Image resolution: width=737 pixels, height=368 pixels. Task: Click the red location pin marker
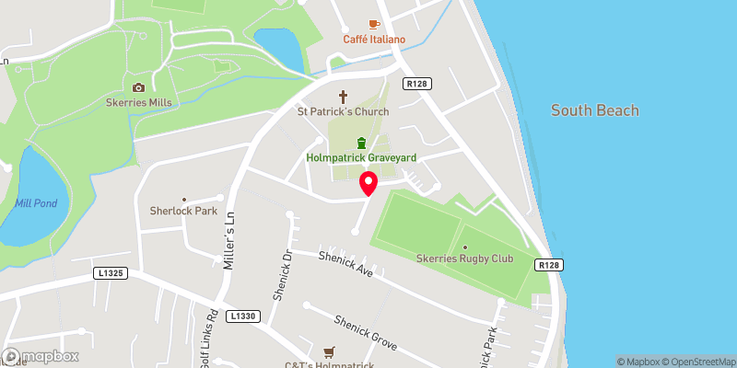click(x=368, y=184)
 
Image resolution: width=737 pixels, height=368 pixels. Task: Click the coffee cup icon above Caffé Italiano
click(x=374, y=23)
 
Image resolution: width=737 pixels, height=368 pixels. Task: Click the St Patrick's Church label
click(x=343, y=111)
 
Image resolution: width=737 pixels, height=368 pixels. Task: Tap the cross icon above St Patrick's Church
click(x=344, y=96)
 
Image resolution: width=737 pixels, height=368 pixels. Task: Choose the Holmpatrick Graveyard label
click(x=361, y=158)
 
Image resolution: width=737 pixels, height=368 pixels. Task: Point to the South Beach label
click(x=594, y=110)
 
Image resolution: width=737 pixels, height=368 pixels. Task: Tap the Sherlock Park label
click(x=182, y=211)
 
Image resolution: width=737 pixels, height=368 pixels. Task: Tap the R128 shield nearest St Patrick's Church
click(x=416, y=85)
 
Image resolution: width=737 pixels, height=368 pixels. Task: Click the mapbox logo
click(x=41, y=356)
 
